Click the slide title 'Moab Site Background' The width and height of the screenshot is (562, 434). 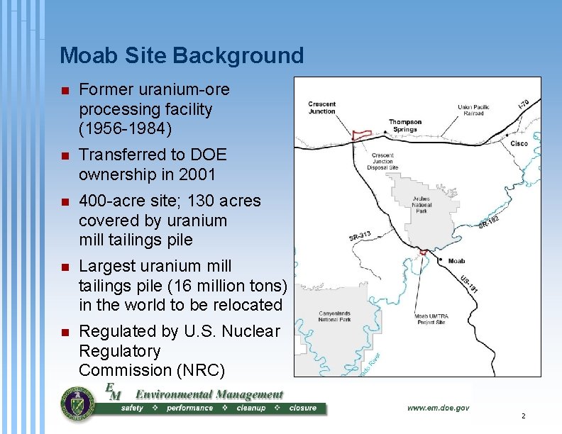[x=182, y=55]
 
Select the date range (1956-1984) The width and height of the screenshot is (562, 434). [x=125, y=129]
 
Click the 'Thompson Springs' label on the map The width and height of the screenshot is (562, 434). [x=404, y=125]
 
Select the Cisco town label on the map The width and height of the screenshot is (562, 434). [x=519, y=143]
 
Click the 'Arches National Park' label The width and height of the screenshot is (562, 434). [x=421, y=204]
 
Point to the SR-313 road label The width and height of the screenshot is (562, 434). [x=360, y=236]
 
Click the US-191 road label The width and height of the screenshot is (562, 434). [x=469, y=284]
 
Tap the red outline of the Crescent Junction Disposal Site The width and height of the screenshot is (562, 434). [x=363, y=134]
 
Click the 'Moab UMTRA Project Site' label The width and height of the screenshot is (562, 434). [x=431, y=320]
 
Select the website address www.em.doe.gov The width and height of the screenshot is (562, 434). [x=438, y=408]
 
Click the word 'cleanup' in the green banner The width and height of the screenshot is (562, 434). [x=250, y=408]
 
